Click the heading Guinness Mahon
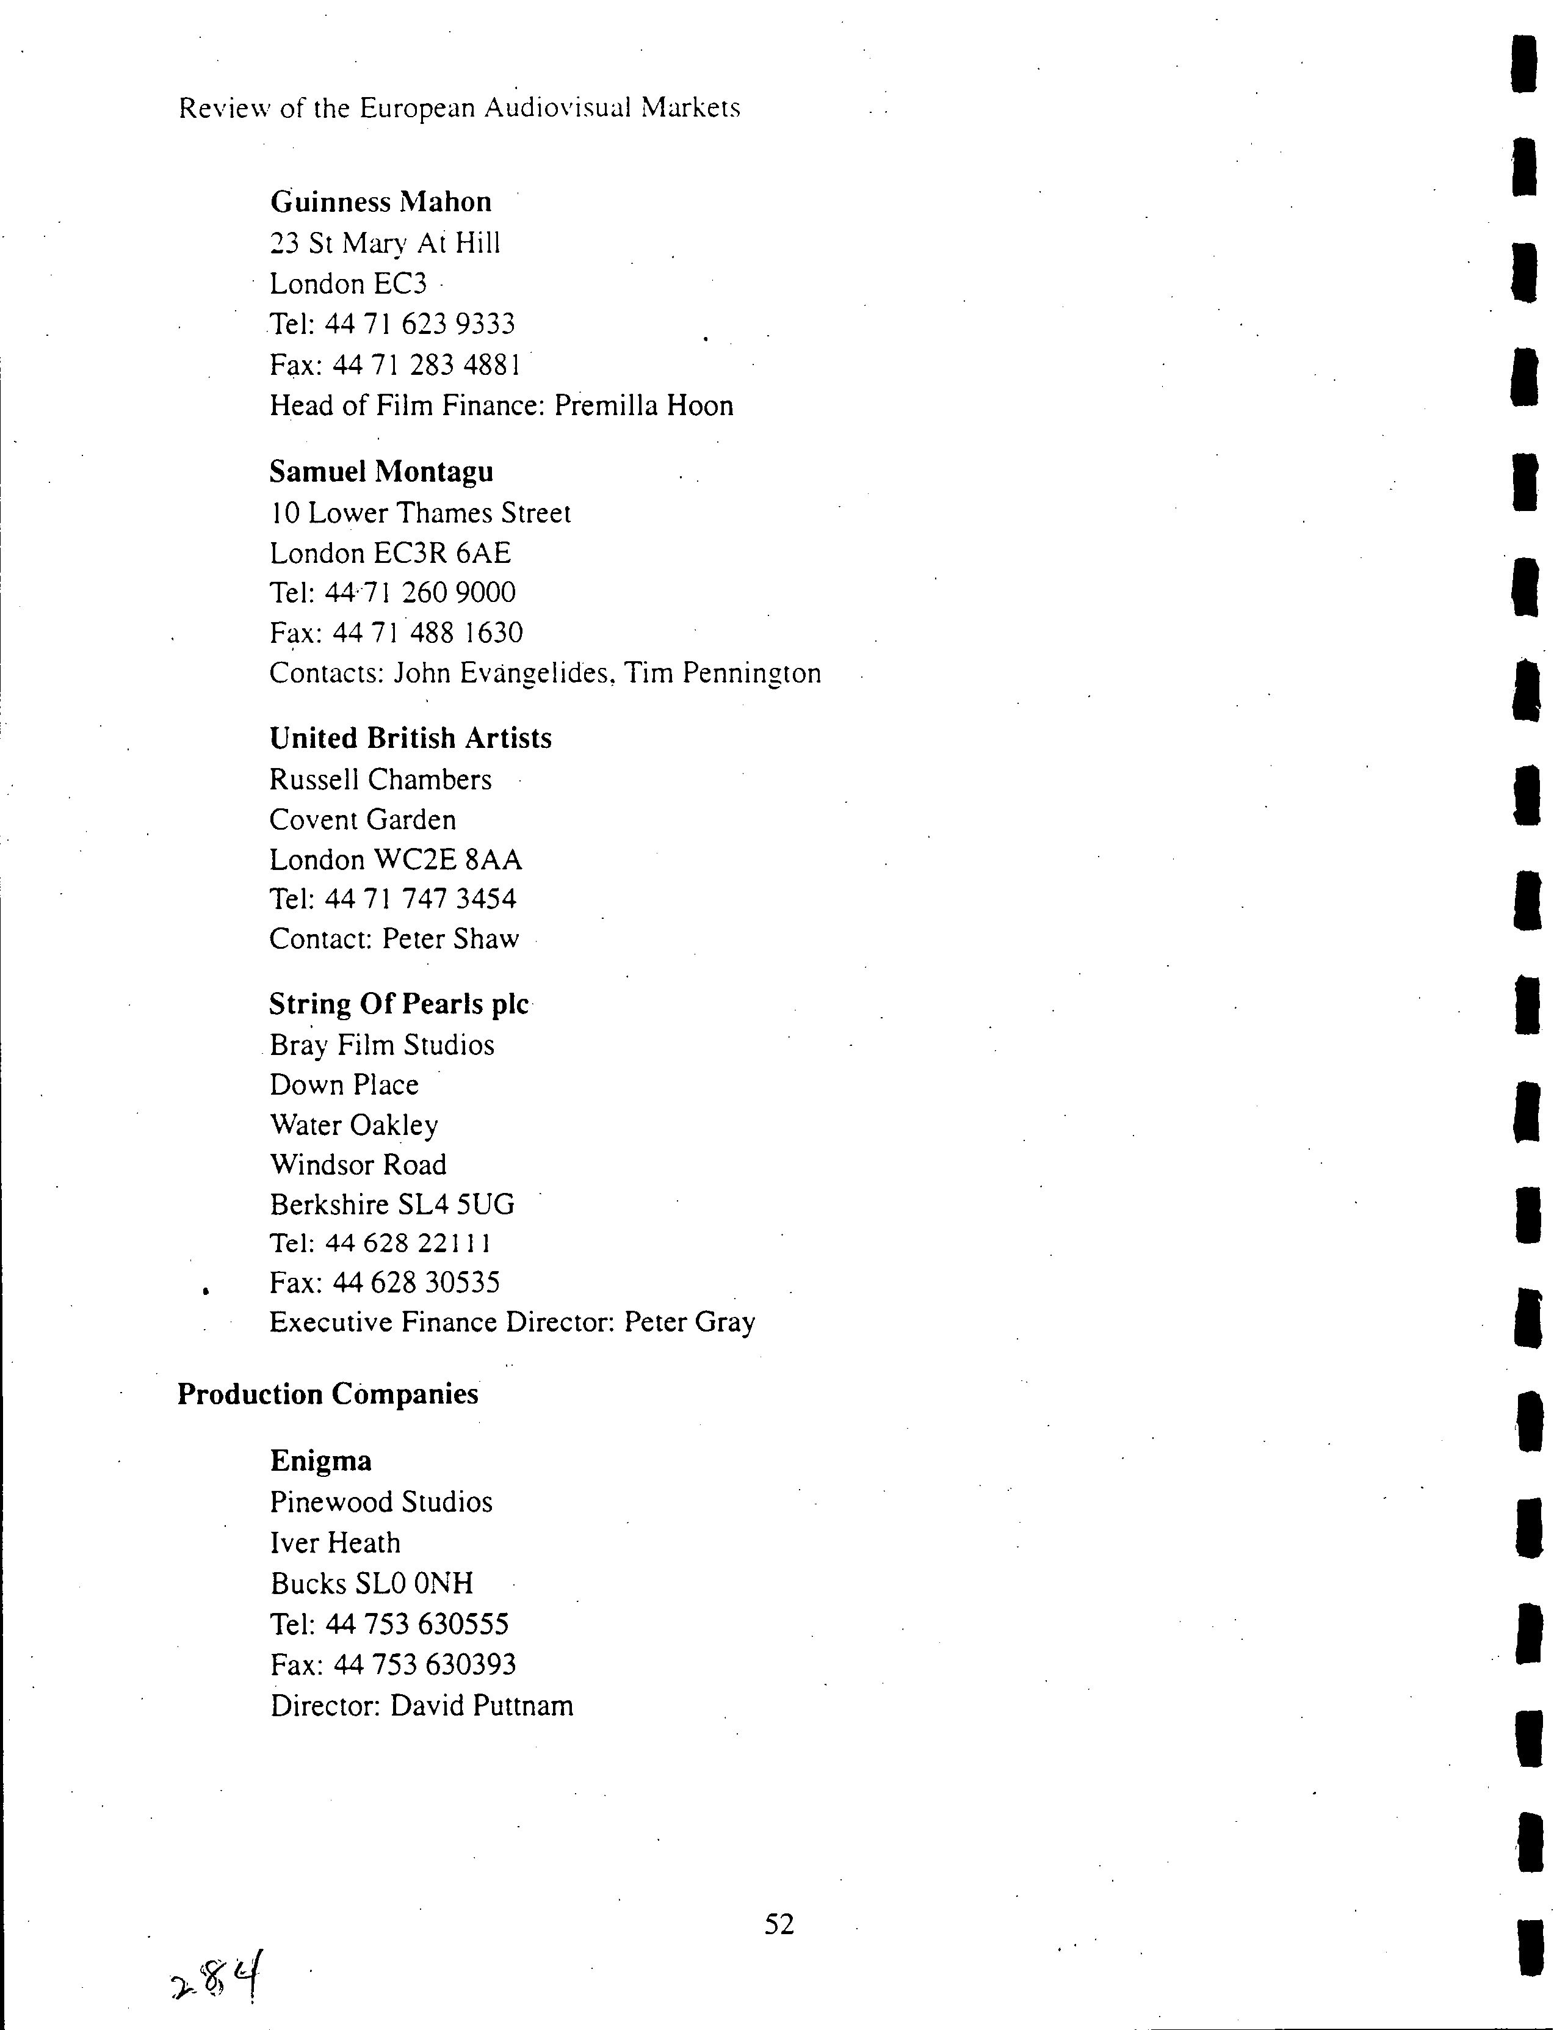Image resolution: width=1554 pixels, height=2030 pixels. (380, 201)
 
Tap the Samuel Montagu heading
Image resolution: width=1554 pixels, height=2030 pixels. (381, 472)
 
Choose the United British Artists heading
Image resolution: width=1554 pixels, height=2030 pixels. (410, 738)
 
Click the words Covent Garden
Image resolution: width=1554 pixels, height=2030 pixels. (363, 820)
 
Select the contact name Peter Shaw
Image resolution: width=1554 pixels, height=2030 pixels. (450, 939)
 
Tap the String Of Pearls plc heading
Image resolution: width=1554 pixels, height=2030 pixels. (399, 1004)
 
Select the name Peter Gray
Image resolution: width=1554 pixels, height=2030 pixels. (689, 1322)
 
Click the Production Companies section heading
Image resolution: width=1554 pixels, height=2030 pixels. (327, 1394)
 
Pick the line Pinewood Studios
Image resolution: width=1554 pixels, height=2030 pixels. (381, 1502)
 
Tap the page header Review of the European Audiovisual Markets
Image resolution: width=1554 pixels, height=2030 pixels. (459, 108)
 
